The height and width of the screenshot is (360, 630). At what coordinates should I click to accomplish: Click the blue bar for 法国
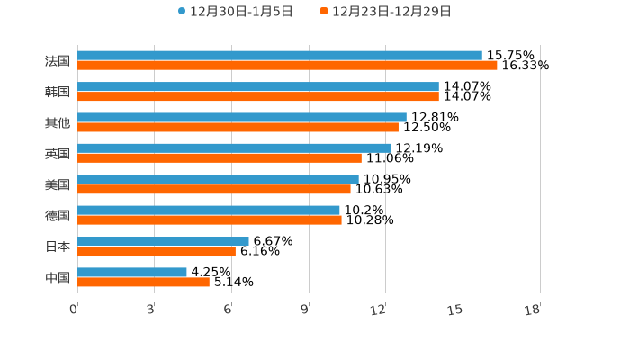(279, 55)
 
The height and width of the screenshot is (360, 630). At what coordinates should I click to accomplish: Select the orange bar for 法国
(287, 65)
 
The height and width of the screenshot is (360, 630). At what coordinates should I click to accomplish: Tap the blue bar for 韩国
(258, 86)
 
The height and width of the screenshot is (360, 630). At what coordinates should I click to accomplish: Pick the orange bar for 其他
(238, 127)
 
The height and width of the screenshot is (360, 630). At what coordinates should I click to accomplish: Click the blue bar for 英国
(234, 148)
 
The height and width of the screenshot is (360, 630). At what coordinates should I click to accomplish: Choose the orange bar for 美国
(214, 189)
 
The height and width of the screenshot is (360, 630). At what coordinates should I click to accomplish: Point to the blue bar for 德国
(209, 210)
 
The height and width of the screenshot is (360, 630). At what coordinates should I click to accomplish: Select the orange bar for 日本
(157, 251)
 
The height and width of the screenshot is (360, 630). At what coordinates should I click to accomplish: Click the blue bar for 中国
(132, 272)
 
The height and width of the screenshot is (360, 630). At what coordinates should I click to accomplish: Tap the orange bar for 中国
(143, 282)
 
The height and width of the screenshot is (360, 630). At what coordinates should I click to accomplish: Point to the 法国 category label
(58, 60)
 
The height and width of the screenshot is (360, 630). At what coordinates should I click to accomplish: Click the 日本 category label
(58, 247)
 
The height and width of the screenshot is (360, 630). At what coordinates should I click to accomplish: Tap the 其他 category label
(58, 122)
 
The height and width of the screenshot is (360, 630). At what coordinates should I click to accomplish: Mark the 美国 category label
(58, 184)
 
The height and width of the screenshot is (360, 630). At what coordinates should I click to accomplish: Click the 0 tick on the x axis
(74, 310)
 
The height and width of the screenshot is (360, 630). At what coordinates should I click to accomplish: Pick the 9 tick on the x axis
(305, 310)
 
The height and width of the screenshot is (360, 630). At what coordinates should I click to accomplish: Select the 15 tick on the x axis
(456, 310)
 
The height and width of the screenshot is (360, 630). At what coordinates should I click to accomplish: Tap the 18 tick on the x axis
(533, 310)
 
